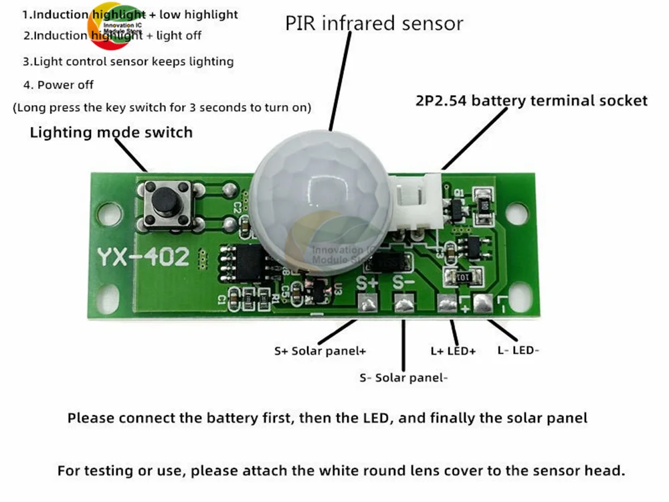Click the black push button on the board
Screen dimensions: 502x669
(x=165, y=201)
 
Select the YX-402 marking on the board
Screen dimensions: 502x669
(x=142, y=258)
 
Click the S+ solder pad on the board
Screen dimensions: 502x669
(x=367, y=304)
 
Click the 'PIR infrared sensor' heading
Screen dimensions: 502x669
(x=374, y=23)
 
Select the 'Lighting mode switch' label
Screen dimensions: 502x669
(x=111, y=133)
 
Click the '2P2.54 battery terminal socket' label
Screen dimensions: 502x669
(x=529, y=100)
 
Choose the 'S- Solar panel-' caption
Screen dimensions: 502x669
(x=403, y=378)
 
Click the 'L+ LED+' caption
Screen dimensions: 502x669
(x=453, y=350)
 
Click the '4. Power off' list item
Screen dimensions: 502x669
(x=58, y=85)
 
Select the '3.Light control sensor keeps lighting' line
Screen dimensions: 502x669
(x=128, y=62)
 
